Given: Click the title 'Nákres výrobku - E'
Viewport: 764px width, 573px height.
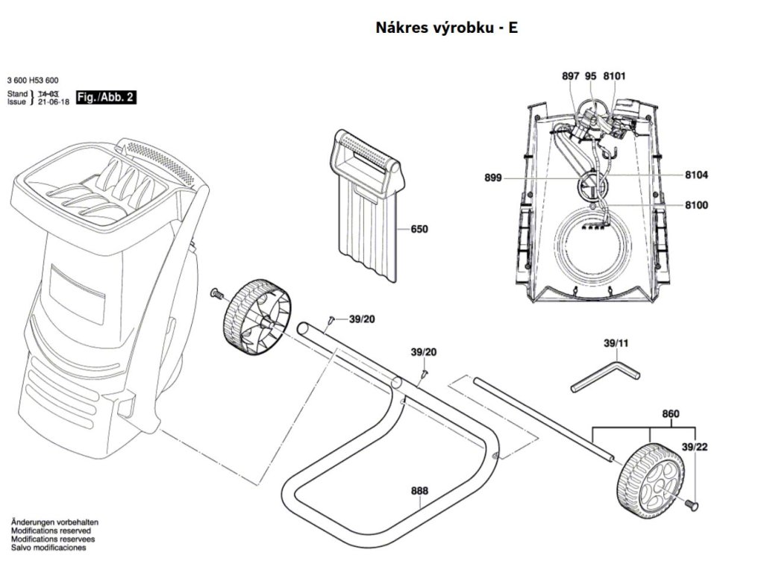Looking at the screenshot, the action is click(446, 28).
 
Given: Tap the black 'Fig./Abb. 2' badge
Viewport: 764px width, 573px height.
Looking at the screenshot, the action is click(106, 97).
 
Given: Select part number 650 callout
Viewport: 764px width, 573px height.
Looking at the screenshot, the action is click(419, 229).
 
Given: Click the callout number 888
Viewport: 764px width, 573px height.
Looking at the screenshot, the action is click(419, 491).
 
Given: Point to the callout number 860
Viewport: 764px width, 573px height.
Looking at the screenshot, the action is click(671, 413).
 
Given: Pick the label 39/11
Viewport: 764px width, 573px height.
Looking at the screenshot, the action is click(616, 343).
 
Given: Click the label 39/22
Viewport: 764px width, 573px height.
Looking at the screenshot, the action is click(695, 447).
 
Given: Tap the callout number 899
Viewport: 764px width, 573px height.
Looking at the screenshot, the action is click(493, 178).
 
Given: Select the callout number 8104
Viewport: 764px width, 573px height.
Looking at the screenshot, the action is click(697, 175).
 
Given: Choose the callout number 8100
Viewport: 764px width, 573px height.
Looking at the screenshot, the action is click(697, 204).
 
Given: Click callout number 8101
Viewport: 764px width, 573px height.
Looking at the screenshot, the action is click(614, 76).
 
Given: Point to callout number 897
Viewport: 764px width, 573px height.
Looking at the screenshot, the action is click(571, 76).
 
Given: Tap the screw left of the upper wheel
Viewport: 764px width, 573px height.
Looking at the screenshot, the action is click(216, 293).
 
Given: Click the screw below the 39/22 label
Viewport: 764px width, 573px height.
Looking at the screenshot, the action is click(692, 504).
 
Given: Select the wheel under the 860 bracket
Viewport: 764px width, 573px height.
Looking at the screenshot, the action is click(651, 480).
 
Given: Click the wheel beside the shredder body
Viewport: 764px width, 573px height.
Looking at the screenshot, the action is click(257, 317).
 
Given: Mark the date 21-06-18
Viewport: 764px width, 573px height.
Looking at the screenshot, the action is click(54, 101).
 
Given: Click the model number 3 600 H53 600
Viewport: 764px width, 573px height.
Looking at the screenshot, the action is click(33, 81).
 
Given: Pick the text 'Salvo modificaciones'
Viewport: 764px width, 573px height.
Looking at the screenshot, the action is click(48, 547).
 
